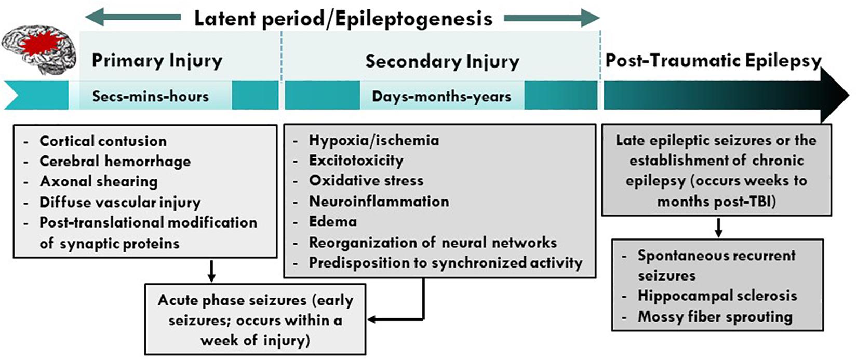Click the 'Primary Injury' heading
[x=157, y=61]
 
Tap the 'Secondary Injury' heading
[x=442, y=61]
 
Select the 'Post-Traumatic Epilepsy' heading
[x=713, y=60]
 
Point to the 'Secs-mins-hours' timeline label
[x=150, y=96]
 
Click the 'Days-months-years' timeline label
[x=441, y=96]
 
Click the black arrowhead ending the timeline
[x=835, y=95]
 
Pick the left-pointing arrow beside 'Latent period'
[x=132, y=18]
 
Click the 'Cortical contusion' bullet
[x=103, y=141]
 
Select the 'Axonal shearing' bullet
[x=99, y=181]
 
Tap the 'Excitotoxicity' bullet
[x=356, y=161]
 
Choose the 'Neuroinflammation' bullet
[x=379, y=201]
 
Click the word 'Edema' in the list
[x=332, y=222]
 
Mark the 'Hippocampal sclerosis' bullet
[x=717, y=296]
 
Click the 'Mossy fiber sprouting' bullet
[x=715, y=316]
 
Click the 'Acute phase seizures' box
[x=255, y=319]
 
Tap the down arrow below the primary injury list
[x=211, y=271]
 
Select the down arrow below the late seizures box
[x=718, y=228]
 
